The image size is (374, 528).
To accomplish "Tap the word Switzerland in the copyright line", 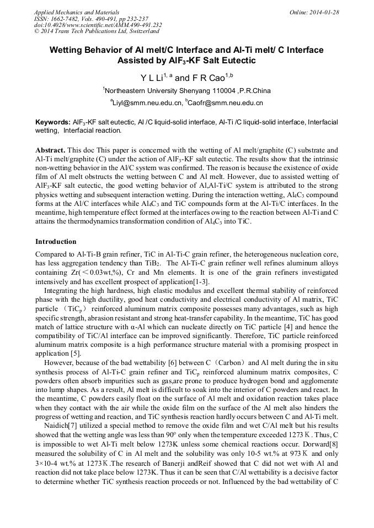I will pyautogui.click(x=140, y=31).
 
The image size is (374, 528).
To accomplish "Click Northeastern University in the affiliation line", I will pyautogui.click(x=138, y=91).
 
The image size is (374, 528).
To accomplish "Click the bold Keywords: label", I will pyautogui.click(x=53, y=122).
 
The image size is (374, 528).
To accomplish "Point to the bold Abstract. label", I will pyautogui.click(x=51, y=150).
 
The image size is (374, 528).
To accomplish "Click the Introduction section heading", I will pyautogui.click(x=56, y=241).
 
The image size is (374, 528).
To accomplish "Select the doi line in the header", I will pyautogui.click(x=98, y=25).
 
